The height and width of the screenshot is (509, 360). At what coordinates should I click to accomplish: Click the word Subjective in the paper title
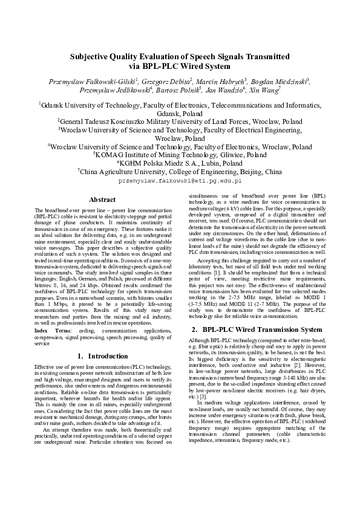(x=91, y=56)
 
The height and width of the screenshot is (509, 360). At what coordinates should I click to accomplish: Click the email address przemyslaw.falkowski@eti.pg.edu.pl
(x=180, y=180)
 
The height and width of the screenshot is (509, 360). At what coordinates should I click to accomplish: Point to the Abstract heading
(x=102, y=199)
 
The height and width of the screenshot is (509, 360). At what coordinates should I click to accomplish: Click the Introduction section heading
(x=106, y=356)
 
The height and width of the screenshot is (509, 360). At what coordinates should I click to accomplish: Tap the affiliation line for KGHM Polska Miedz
(x=180, y=163)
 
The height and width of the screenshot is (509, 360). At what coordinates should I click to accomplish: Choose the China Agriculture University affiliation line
(x=180, y=171)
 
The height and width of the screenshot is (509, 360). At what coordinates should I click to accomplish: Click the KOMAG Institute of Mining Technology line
(x=180, y=154)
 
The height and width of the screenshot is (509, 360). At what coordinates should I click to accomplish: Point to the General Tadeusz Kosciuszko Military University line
(x=180, y=120)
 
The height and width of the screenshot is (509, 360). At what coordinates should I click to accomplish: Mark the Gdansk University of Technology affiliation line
(x=180, y=104)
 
